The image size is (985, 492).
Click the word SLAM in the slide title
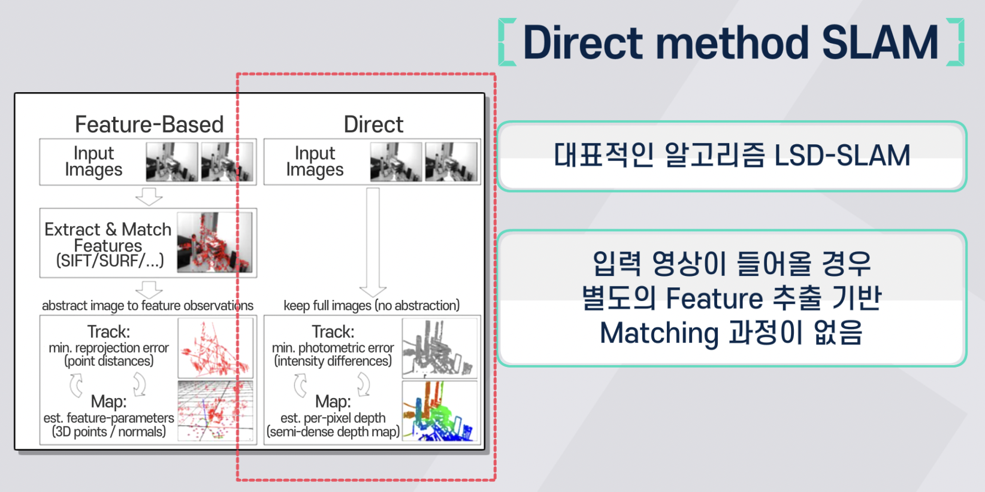pyautogui.click(x=880, y=42)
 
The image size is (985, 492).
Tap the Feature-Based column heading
pyautogui.click(x=149, y=124)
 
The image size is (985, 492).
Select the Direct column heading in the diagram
pyautogui.click(x=373, y=124)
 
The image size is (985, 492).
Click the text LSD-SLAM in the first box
pyautogui.click(x=842, y=156)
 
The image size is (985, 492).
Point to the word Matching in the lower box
pyautogui.click(x=658, y=333)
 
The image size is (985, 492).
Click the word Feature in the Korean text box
pyautogui.click(x=714, y=298)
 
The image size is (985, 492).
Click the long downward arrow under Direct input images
pyautogui.click(x=373, y=242)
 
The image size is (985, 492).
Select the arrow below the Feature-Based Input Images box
pyautogui.click(x=149, y=196)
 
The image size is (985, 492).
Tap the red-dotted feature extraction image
pyautogui.click(x=214, y=242)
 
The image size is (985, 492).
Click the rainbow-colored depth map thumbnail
pyautogui.click(x=440, y=411)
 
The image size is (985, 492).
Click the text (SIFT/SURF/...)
pyautogui.click(x=110, y=260)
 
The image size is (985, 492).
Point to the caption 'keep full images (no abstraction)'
pyautogui.click(x=371, y=305)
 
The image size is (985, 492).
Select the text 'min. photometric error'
pyautogui.click(x=333, y=348)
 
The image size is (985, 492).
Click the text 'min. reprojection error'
pyautogui.click(x=108, y=348)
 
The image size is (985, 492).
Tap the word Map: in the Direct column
pyautogui.click(x=333, y=402)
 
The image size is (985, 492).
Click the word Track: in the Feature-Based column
pyautogui.click(x=108, y=332)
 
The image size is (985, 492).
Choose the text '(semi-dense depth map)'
pyautogui.click(x=333, y=432)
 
